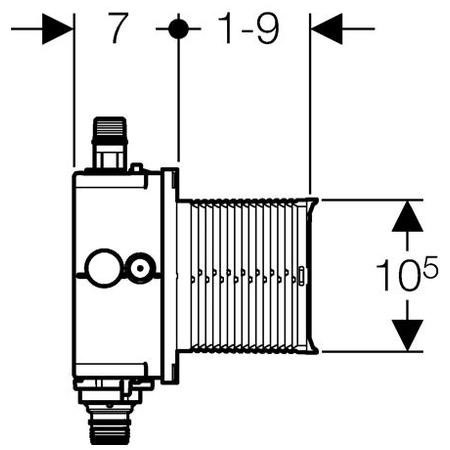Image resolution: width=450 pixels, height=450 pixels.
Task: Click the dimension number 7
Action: [119, 29]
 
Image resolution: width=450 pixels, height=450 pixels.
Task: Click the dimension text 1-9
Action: [246, 29]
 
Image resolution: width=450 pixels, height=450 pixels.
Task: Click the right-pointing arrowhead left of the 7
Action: [59, 29]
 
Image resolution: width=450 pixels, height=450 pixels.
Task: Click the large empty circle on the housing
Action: [101, 267]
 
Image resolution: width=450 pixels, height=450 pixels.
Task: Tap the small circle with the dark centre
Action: [141, 267]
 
